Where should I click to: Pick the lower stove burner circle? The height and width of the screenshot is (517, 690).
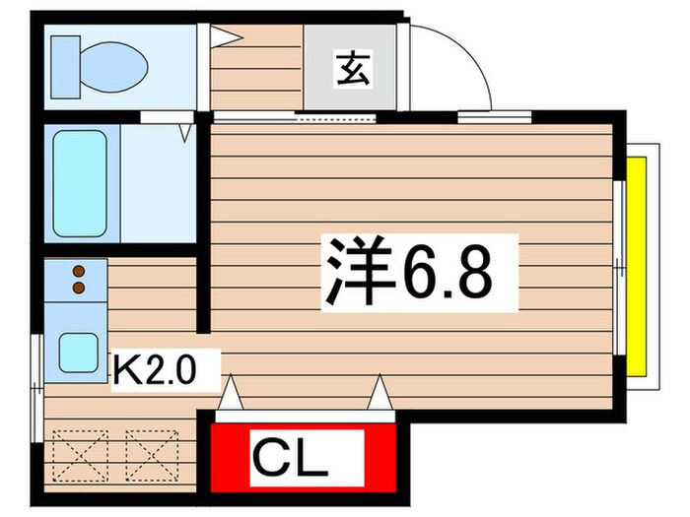point(77,288)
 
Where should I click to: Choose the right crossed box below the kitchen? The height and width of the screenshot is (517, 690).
point(148,452)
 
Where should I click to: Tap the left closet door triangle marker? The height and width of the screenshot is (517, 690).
point(229,396)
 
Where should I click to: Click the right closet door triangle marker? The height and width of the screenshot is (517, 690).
point(378,396)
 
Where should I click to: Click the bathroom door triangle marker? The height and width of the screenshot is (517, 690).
point(185,131)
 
